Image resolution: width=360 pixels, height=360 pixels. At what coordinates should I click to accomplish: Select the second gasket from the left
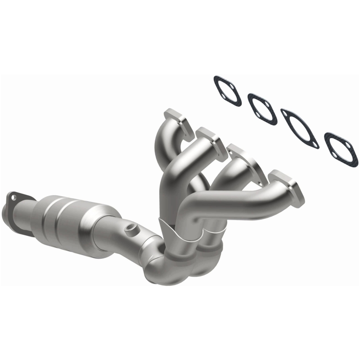(x=262, y=109)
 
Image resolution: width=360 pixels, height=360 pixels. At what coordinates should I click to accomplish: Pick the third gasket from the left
(x=300, y=128)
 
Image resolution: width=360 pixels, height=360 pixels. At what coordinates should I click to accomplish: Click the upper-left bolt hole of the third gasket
(x=286, y=114)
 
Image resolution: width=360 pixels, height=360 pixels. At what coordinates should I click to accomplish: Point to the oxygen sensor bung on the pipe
(x=131, y=228)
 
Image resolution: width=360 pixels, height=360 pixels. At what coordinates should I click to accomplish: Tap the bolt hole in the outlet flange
(x=14, y=197)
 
